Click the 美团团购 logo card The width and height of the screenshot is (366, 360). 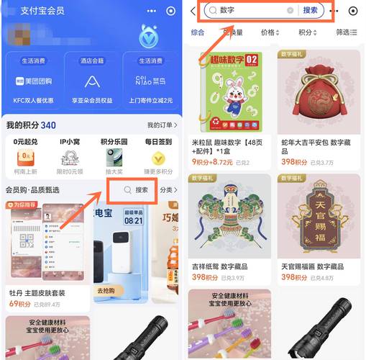tap(33, 81)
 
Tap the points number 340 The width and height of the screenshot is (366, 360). tap(48, 125)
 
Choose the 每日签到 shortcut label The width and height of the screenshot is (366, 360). tap(157, 143)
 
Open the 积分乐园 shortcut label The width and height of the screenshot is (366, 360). tap(113, 143)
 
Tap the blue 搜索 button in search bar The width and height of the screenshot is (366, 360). tap(310, 11)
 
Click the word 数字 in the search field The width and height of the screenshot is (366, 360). tap(228, 11)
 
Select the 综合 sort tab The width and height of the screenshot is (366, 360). tap(198, 32)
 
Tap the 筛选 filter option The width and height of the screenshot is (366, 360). tap(344, 32)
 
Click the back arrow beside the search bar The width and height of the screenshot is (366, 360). tap(193, 11)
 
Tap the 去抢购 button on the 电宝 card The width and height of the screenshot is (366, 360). tap(106, 290)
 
